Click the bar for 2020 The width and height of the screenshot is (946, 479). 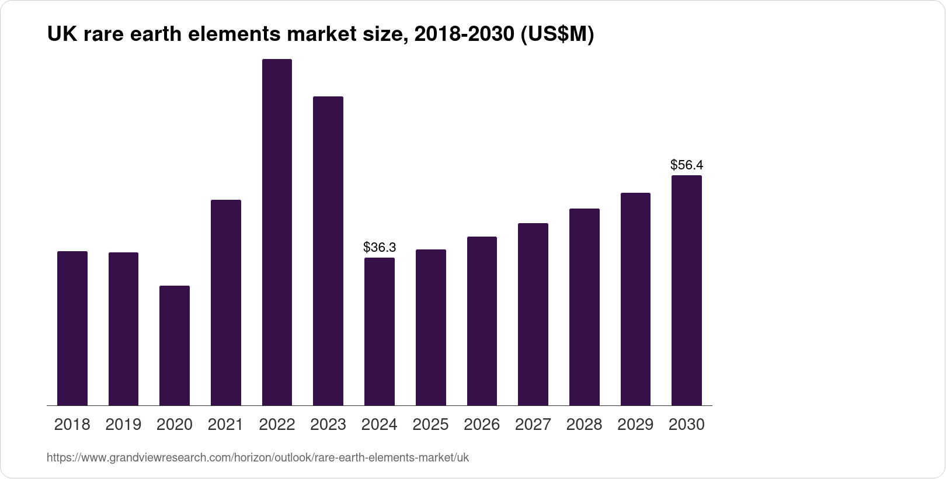coord(175,345)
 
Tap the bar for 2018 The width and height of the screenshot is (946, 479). coord(72,328)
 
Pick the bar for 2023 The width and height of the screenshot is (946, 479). coord(328,251)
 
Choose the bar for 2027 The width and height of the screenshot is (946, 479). coord(533,314)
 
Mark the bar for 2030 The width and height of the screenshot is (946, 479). coord(687,290)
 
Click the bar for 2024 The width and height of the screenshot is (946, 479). coord(380,331)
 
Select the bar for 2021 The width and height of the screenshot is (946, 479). coord(226,303)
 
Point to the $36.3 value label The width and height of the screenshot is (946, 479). coord(380,247)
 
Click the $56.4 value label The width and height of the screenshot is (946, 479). coord(687,165)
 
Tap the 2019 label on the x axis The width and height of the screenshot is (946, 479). coord(123,425)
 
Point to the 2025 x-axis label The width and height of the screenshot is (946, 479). coord(430,425)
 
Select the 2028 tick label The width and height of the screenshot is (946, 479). coord(584,425)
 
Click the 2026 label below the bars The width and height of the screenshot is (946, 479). coord(482,425)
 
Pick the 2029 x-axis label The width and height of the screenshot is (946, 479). coord(635,425)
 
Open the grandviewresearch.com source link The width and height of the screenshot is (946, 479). coord(258,457)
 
